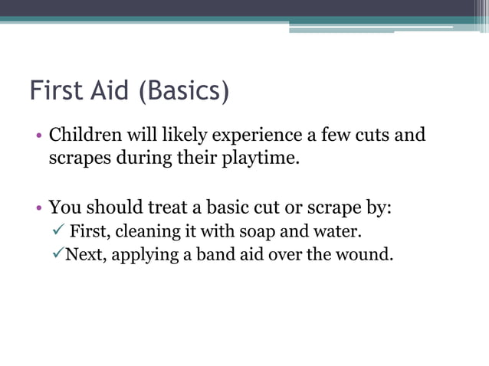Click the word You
tap(64, 208)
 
